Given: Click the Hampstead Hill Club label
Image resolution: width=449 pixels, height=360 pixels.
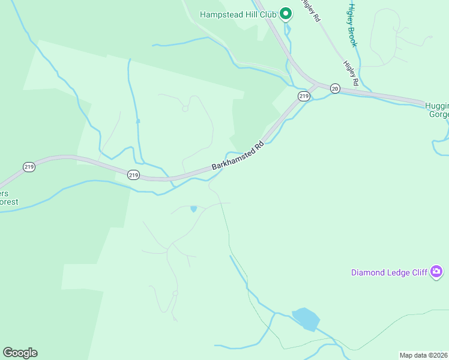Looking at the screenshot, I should tap(237, 14).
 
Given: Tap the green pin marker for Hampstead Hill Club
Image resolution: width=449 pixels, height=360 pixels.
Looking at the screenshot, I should tap(286, 13).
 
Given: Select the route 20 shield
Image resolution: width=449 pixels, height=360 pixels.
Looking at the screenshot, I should tap(335, 88).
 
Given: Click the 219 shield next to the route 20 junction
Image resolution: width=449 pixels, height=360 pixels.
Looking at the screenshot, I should tap(304, 96).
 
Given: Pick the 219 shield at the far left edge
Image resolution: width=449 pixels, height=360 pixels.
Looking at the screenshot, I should tap(29, 167).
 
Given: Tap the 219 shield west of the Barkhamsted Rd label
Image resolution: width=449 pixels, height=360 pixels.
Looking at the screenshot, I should tap(133, 175).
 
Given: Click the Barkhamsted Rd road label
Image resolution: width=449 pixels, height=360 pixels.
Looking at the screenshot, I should tap(238, 155).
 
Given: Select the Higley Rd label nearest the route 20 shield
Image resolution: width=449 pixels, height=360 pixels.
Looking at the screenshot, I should tap(351, 73).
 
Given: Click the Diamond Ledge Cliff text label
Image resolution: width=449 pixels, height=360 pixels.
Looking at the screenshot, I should tap(389, 272).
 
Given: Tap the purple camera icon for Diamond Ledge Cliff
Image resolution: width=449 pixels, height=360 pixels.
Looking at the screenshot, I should tap(437, 272).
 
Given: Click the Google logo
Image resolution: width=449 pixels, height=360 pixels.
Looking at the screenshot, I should tap(20, 353).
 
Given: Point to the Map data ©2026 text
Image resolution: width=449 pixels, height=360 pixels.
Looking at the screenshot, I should tap(424, 355).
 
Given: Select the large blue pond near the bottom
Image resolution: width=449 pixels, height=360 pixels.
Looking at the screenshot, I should tap(306, 319).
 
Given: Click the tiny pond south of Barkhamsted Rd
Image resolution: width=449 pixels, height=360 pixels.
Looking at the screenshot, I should tap(193, 209).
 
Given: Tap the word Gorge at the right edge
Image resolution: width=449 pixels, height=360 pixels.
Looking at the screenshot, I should tap(438, 114).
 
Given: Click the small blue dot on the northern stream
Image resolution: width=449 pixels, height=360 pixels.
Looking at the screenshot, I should tap(138, 121).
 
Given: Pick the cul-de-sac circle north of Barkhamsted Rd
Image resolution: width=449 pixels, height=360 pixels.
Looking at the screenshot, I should tap(185, 109).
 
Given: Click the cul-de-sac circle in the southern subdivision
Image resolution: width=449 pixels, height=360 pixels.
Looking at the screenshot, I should tap(175, 293).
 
